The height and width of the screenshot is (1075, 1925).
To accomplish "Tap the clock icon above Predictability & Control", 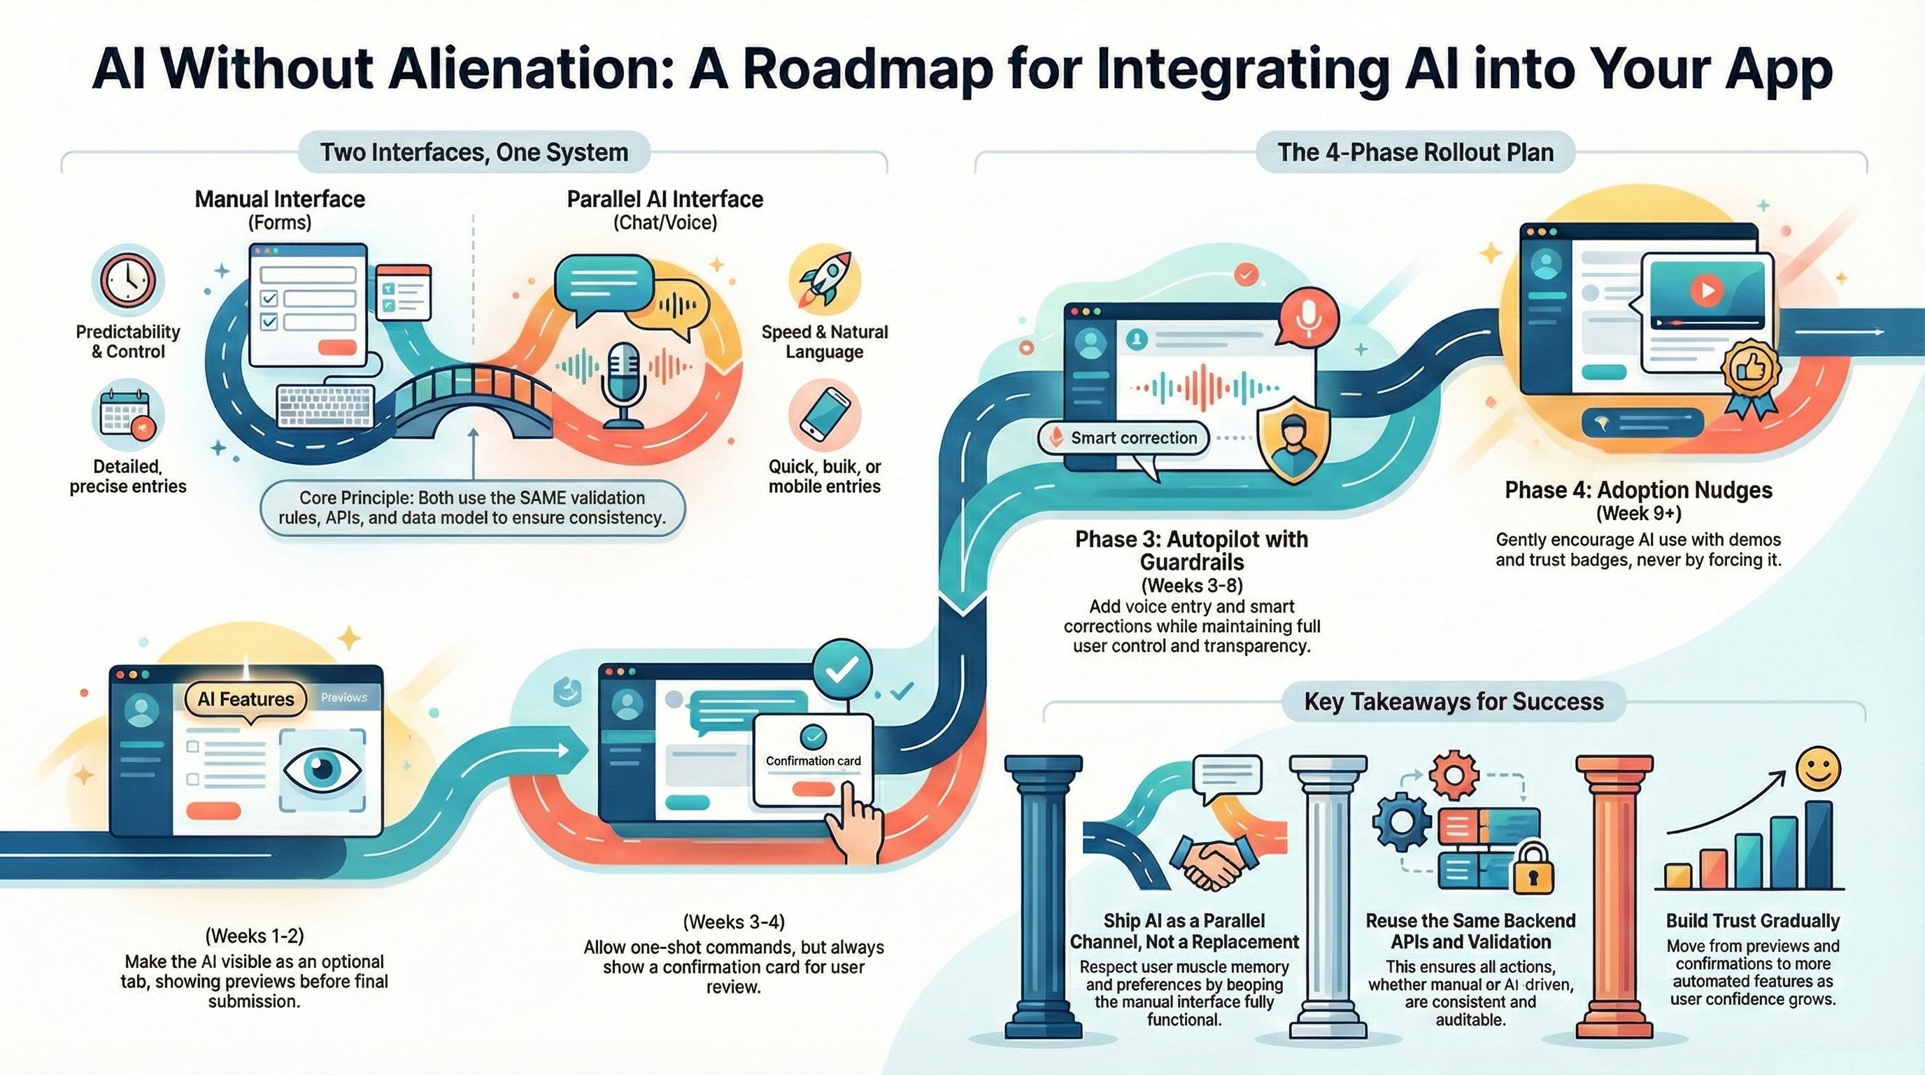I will (128, 281).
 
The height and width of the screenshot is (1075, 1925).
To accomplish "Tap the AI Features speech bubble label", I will (245, 700).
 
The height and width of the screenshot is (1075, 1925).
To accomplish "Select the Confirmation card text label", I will (813, 761).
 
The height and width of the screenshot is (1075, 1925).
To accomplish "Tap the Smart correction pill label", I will (1124, 438).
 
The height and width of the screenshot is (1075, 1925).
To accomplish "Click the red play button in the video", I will (1707, 289).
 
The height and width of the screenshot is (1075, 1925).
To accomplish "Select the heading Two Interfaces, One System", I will (474, 153).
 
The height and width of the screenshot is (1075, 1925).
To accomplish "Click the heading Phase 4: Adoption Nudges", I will (1638, 491).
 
